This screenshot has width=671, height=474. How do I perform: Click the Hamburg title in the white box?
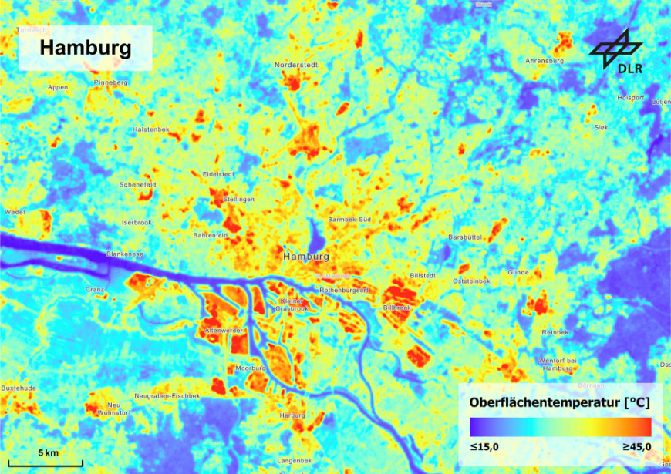(x=85, y=48)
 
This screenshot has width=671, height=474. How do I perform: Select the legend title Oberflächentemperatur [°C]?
(x=559, y=403)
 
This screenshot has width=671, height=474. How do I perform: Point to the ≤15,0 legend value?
(x=484, y=446)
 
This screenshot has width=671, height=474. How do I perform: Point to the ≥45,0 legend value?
(x=636, y=446)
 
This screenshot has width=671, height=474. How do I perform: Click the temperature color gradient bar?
(x=560, y=426)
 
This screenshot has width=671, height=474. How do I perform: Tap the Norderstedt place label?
(x=296, y=65)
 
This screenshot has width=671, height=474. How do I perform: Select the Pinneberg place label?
(x=110, y=82)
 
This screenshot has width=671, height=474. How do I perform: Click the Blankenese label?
(x=125, y=253)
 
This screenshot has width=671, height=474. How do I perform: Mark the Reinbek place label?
(x=555, y=332)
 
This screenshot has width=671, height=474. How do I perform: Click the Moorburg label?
(x=251, y=368)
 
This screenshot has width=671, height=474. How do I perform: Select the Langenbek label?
(x=294, y=460)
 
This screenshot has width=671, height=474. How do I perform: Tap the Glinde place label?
(x=518, y=272)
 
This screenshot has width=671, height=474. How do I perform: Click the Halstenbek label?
(x=151, y=129)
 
